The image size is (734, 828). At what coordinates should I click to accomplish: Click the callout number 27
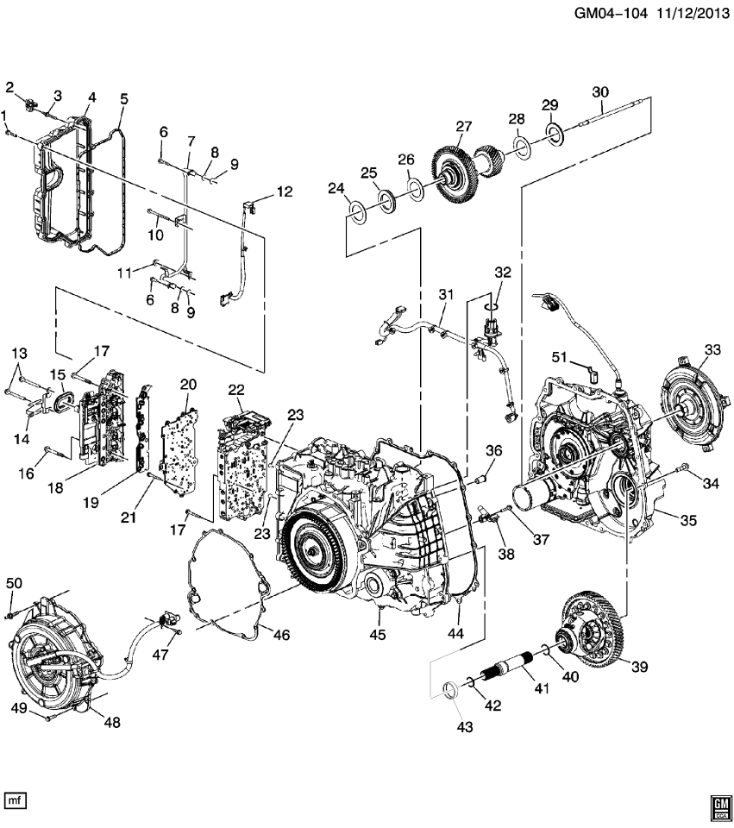click(464, 126)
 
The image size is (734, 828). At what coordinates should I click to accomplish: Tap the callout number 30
click(600, 91)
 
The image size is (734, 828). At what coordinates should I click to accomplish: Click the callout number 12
click(285, 191)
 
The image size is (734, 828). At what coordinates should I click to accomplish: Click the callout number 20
click(188, 384)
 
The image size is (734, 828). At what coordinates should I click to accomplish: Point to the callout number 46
click(281, 635)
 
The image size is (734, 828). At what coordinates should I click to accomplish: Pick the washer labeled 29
click(553, 132)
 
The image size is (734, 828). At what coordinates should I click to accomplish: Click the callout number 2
click(10, 86)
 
